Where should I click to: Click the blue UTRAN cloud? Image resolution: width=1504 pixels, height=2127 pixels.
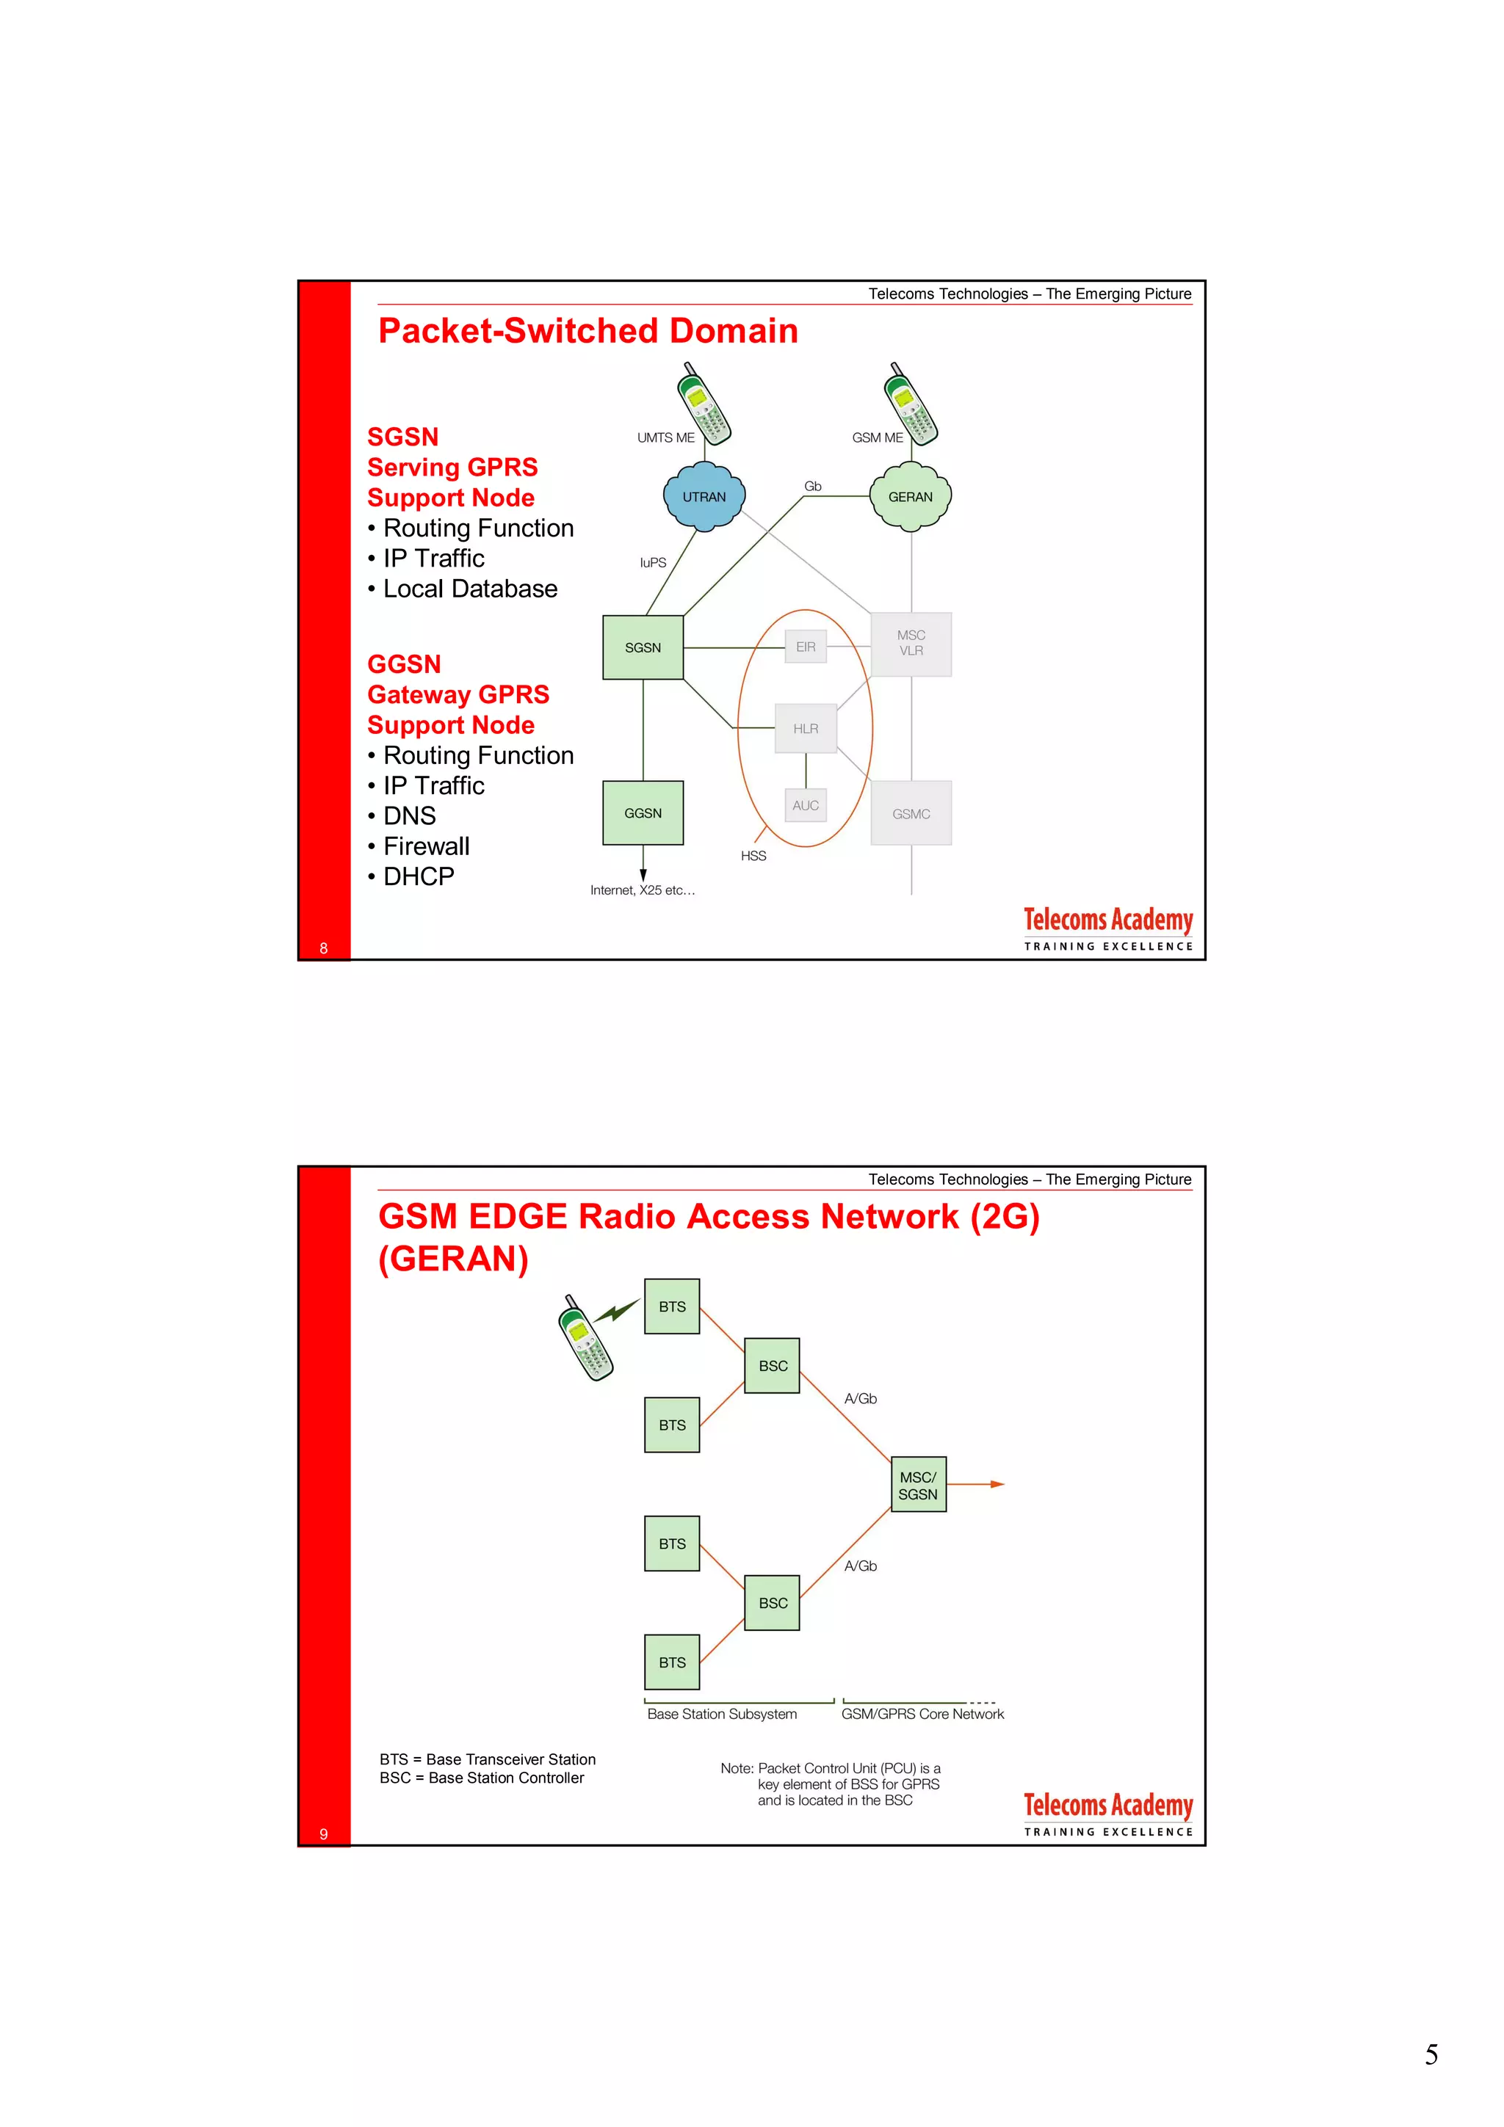point(704,497)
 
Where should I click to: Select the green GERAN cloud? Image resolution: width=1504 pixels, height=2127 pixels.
point(910,497)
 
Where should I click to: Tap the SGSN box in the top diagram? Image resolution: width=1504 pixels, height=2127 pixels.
point(643,647)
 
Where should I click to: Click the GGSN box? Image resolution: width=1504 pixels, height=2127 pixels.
point(643,813)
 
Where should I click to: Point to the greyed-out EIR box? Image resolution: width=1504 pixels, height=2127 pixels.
point(806,647)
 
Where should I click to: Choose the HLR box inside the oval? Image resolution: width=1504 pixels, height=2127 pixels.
point(806,729)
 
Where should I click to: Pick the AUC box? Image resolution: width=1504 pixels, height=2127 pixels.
point(806,805)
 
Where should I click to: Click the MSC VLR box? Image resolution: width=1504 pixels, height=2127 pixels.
point(911,643)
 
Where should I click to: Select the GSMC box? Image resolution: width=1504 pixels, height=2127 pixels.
point(911,813)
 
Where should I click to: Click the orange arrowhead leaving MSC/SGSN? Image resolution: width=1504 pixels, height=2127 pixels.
point(997,1484)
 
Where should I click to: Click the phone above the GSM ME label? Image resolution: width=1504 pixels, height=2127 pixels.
point(912,403)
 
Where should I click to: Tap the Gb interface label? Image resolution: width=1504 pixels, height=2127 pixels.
point(813,487)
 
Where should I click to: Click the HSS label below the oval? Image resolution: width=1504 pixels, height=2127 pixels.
point(753,856)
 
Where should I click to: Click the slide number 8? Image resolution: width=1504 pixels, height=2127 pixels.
point(323,948)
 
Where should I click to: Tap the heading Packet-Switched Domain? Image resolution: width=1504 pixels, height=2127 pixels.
point(587,331)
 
